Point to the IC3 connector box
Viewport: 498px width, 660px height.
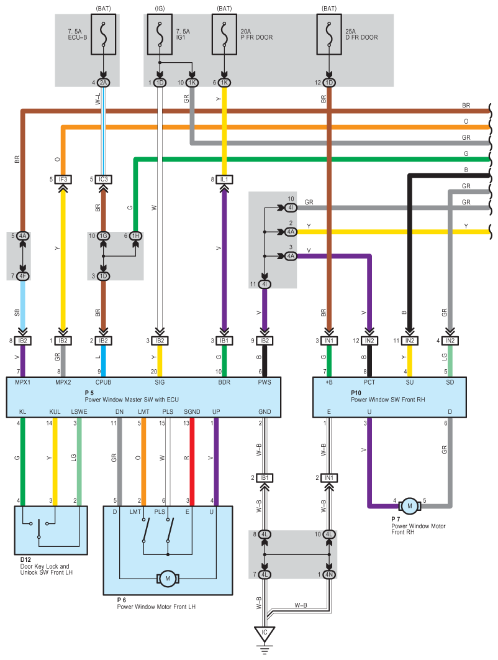(103, 180)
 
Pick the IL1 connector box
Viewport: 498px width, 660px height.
(224, 180)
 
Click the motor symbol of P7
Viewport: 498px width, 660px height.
(410, 506)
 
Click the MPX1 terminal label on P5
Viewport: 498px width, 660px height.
(22, 382)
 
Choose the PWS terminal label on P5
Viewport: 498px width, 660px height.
(265, 382)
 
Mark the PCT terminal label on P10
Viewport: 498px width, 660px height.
(369, 382)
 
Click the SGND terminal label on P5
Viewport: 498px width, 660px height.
(191, 411)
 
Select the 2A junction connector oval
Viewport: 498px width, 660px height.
(103, 83)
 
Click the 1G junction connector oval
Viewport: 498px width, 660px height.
(103, 236)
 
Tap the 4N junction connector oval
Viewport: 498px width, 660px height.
(328, 575)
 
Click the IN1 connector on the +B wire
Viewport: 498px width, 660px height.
(328, 341)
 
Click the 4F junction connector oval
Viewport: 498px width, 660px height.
(22, 275)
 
